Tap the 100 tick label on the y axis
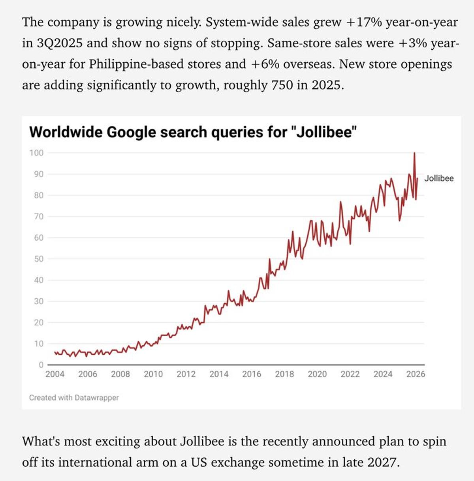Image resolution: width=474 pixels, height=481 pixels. click(x=36, y=153)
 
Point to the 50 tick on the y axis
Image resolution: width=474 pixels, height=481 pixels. click(x=38, y=259)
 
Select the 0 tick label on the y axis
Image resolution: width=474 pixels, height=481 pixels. click(x=41, y=365)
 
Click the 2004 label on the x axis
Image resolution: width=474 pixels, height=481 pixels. click(x=55, y=374)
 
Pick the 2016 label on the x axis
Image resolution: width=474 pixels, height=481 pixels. click(x=252, y=374)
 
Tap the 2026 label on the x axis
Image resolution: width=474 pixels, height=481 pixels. click(x=416, y=374)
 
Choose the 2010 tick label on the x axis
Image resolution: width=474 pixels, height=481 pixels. click(x=153, y=374)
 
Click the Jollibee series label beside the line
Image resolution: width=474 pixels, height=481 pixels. click(x=439, y=178)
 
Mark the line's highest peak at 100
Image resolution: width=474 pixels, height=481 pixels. click(x=414, y=153)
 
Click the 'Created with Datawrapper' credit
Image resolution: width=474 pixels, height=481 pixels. click(x=74, y=398)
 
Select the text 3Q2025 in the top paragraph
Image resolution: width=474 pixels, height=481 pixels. click(x=59, y=43)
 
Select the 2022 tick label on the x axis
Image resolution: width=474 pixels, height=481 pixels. click(x=350, y=374)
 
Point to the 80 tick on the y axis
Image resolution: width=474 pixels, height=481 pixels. click(x=38, y=195)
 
